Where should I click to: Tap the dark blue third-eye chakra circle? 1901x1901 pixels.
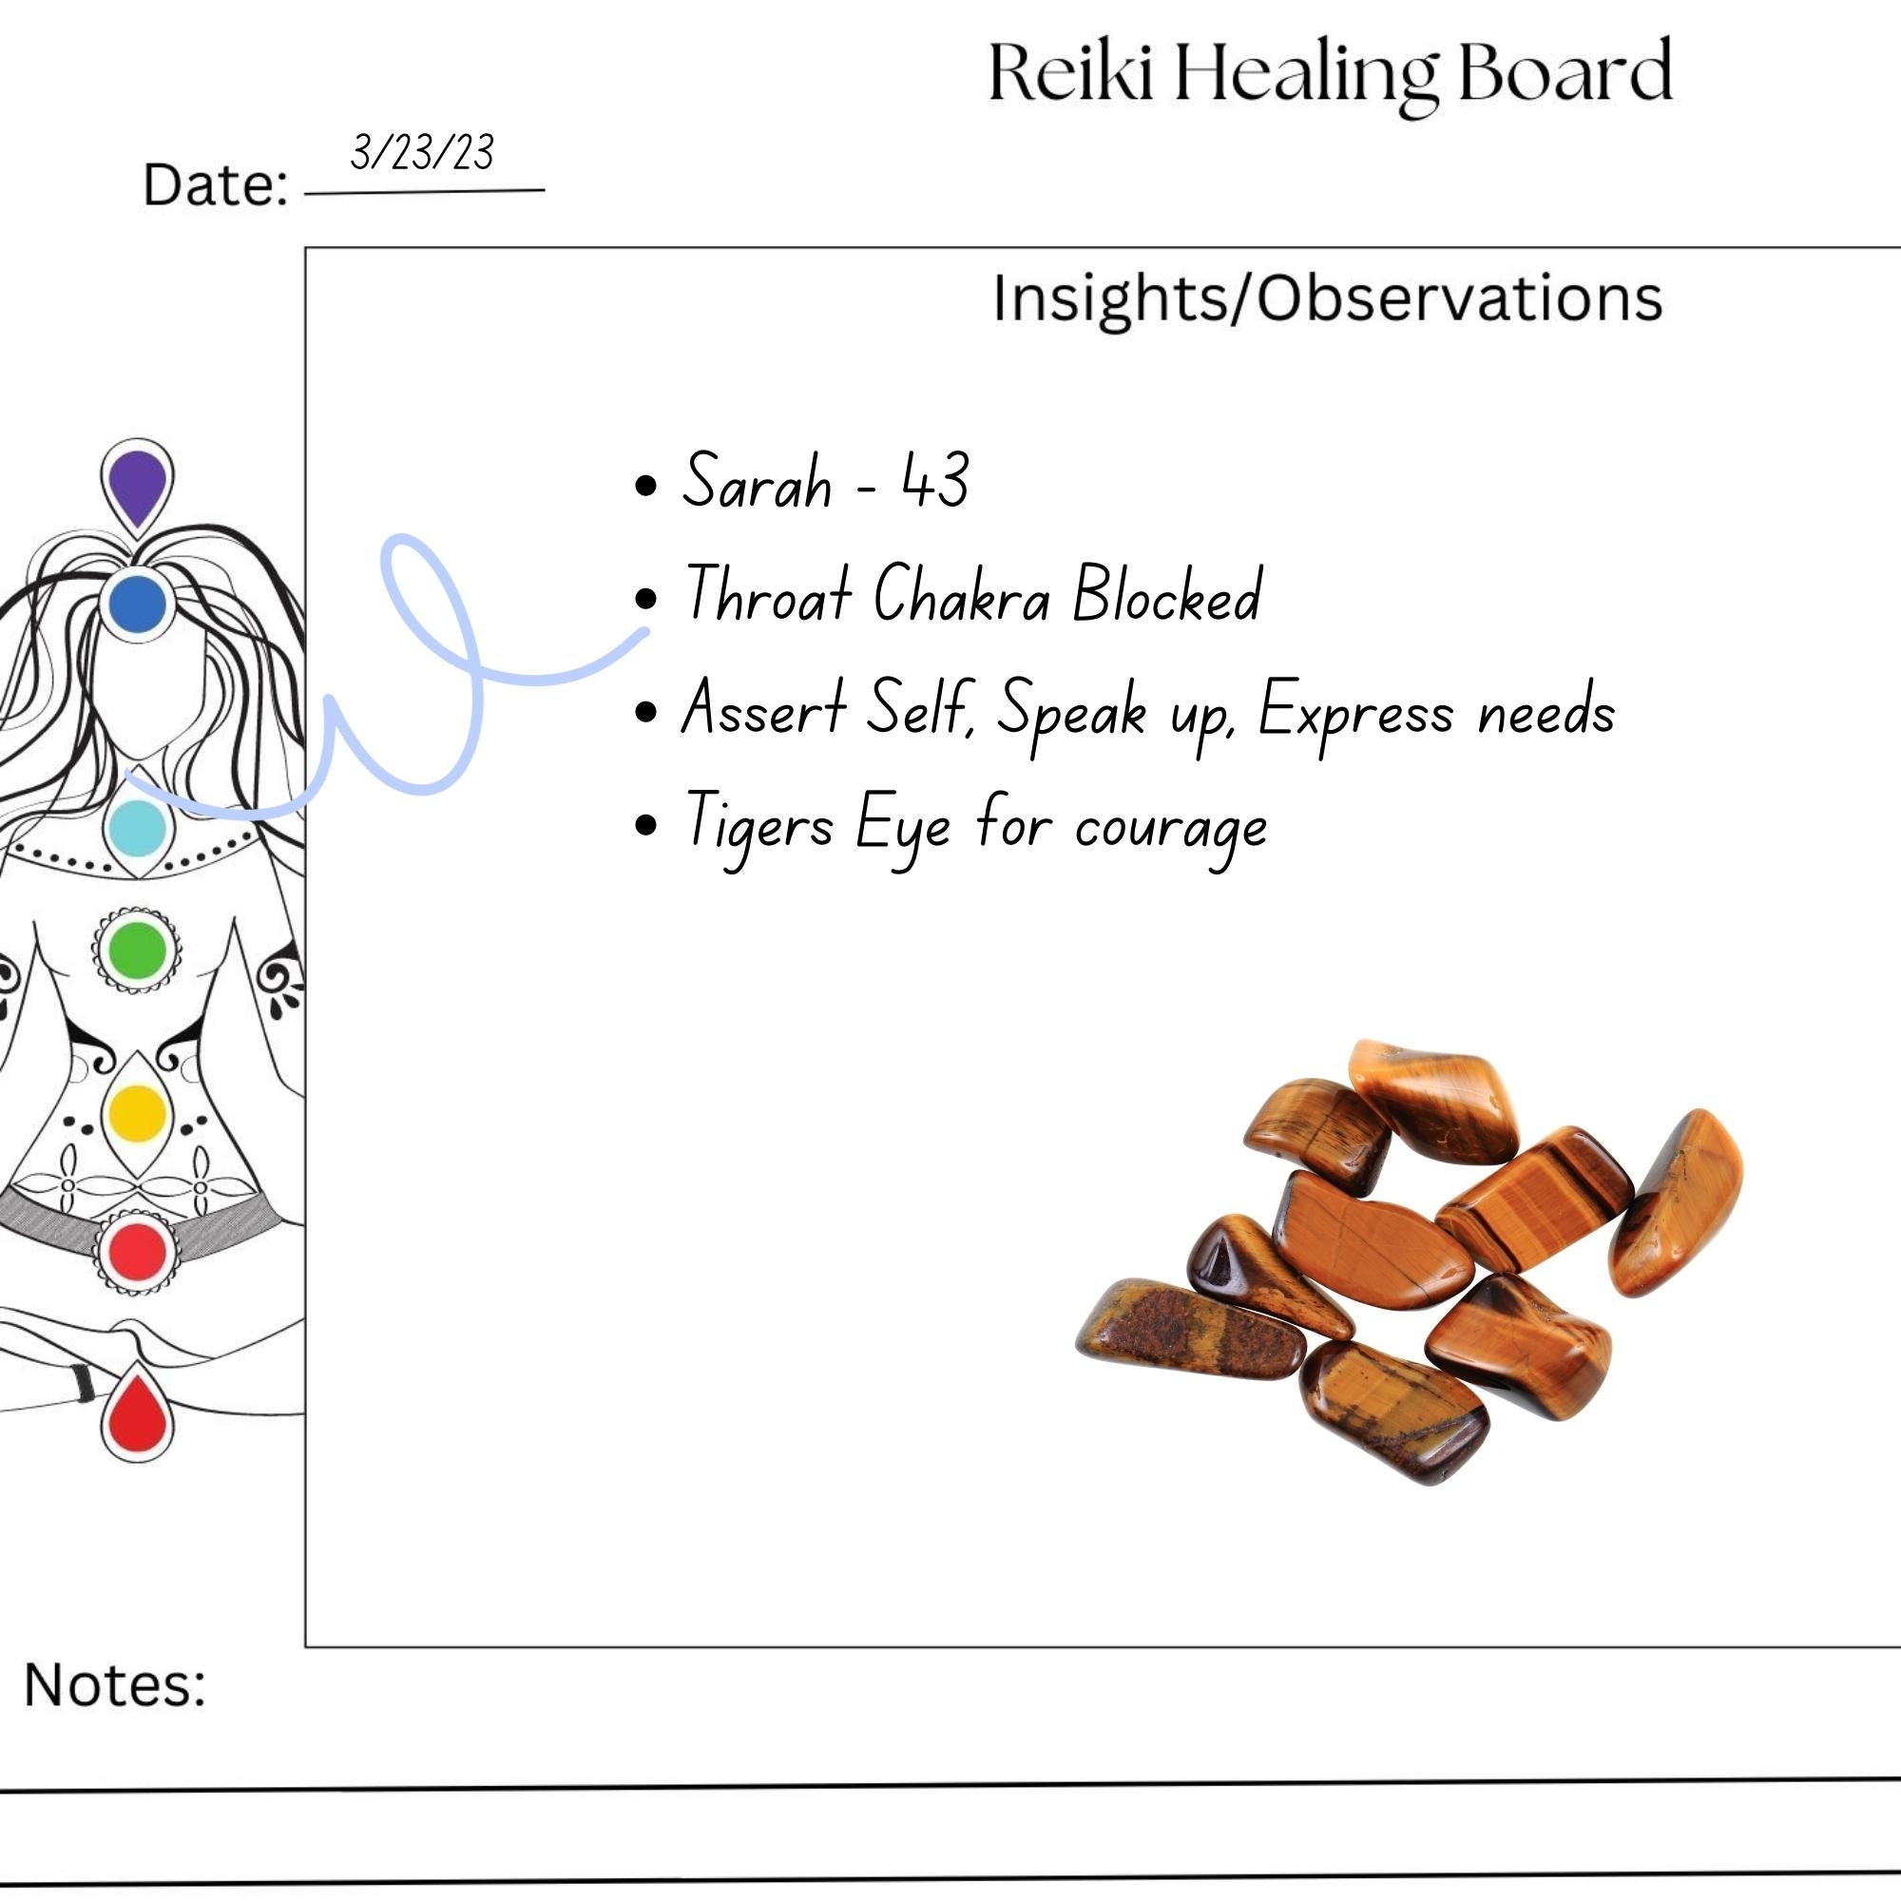tap(137, 605)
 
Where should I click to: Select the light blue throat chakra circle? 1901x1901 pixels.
tap(137, 828)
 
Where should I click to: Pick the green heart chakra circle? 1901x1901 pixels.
tap(137, 950)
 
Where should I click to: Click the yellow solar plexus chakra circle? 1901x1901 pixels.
tap(137, 1113)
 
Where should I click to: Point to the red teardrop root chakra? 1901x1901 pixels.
tap(137, 1414)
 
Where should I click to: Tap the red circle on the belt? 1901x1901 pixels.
tap(137, 1252)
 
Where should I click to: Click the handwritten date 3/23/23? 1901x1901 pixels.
tap(422, 152)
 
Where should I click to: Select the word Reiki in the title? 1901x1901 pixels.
tap(1069, 72)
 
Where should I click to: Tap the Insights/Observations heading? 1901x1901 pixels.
tap(1327, 298)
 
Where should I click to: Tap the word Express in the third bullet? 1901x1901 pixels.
tap(1354, 710)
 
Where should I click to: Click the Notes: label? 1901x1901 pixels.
tap(115, 1684)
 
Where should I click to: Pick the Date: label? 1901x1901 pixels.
tap(216, 185)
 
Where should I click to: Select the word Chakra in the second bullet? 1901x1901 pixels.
tap(961, 594)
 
